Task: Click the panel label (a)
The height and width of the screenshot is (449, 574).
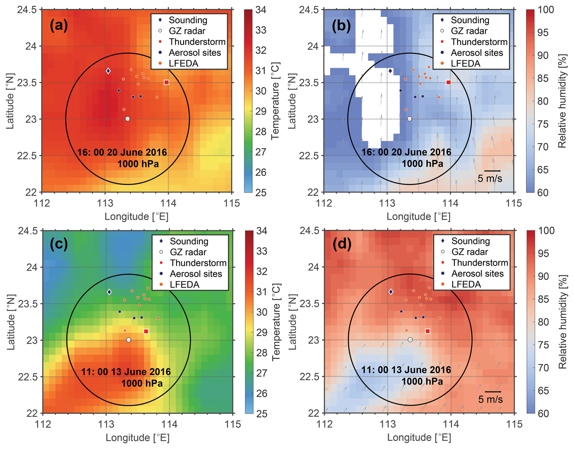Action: pos(59,25)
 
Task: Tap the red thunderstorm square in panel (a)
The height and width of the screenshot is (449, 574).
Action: pos(166,82)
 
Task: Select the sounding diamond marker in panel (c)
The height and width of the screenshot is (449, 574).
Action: pos(109,292)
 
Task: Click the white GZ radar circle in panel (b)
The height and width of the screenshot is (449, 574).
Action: pos(410,119)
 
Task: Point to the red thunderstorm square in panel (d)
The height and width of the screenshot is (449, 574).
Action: pos(428,331)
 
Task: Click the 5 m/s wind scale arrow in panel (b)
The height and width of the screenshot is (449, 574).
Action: pos(492,171)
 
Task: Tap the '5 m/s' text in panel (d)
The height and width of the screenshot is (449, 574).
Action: pos(491,399)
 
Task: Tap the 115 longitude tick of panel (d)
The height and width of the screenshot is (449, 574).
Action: pos(515,424)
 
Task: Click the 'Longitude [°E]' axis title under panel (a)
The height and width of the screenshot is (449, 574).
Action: pos(137,217)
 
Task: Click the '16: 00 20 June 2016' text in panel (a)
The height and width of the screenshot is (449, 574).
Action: pos(122,152)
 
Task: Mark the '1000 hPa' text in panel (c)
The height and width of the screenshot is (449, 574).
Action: pos(142,383)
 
